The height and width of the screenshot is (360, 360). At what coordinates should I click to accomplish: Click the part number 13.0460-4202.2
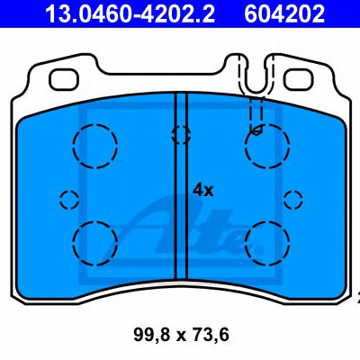[130, 13]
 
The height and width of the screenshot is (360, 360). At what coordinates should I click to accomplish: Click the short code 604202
[284, 13]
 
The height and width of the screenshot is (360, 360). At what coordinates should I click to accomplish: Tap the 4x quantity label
[202, 190]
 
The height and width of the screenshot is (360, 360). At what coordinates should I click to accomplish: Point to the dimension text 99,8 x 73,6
[181, 335]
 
